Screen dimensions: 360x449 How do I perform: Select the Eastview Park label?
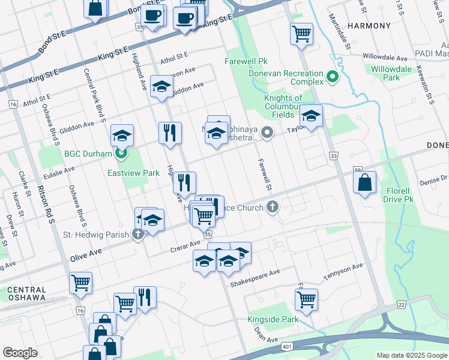133,173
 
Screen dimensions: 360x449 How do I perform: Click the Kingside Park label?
273,319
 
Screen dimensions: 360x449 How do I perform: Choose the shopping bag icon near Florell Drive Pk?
365,182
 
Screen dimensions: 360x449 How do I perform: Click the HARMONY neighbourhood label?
369,26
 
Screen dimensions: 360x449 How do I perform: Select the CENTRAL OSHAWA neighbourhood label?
26,293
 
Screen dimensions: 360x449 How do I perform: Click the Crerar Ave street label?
186,245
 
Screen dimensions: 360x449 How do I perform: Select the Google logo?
20,353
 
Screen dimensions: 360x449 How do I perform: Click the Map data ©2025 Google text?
412,355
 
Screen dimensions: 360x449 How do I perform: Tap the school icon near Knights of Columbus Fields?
312,117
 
